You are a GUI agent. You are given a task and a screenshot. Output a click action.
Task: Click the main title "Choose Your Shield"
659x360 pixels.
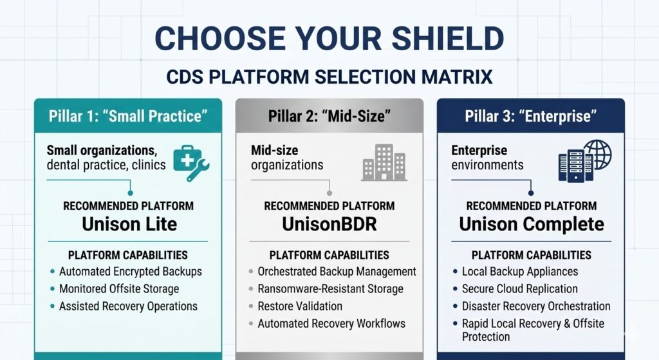[x=329, y=38]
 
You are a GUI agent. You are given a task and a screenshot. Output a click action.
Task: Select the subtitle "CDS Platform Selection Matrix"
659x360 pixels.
[x=329, y=77]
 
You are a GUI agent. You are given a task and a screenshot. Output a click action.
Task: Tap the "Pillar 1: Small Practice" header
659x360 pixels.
[x=128, y=116]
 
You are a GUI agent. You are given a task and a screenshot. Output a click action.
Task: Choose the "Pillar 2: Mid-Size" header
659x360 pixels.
[x=329, y=116]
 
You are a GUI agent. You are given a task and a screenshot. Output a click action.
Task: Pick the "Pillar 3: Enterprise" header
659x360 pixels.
[x=531, y=116]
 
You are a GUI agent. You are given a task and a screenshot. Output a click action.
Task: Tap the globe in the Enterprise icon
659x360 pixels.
[x=598, y=154]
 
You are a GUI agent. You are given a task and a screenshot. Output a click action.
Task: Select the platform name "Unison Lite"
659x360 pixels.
[x=129, y=224]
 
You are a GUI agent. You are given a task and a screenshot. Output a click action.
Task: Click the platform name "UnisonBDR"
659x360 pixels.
[x=329, y=224]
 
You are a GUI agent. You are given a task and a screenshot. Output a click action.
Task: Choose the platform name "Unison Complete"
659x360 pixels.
[x=532, y=224]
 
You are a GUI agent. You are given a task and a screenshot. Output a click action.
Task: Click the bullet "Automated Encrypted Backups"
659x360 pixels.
[x=130, y=272]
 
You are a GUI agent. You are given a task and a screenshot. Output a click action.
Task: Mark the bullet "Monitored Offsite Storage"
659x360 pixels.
[x=119, y=289]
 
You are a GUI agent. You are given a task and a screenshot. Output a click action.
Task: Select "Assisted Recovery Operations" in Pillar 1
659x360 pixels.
[x=128, y=307]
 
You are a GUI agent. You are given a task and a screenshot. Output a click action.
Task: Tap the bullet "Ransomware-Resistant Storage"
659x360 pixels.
[x=330, y=289]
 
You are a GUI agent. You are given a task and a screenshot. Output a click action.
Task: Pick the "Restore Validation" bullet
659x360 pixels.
[x=300, y=307]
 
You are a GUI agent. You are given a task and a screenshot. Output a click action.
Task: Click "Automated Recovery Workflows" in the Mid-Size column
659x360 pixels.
[x=331, y=324]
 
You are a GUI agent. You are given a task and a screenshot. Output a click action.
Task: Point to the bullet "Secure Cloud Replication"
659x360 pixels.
[x=519, y=289]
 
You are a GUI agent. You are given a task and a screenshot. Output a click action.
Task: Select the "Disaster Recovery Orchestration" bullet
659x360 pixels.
[x=536, y=307]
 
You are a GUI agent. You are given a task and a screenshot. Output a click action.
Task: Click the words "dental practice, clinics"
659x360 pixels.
[x=106, y=165]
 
